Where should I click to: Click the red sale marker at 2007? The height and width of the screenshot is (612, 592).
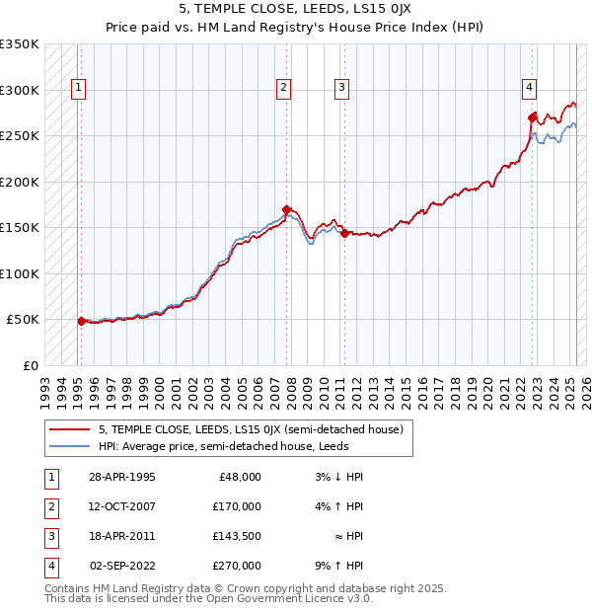point(286,209)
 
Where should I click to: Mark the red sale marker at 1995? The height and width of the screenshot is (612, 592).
point(81,321)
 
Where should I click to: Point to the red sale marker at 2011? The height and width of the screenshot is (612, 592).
point(344,234)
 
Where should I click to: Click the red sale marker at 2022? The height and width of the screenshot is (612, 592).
point(532,117)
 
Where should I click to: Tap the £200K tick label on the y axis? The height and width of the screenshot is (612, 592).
point(20,182)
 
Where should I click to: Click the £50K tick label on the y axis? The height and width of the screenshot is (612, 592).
point(23,320)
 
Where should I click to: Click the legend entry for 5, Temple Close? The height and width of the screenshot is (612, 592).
point(251,429)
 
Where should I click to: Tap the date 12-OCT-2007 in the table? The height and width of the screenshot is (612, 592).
point(122,506)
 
